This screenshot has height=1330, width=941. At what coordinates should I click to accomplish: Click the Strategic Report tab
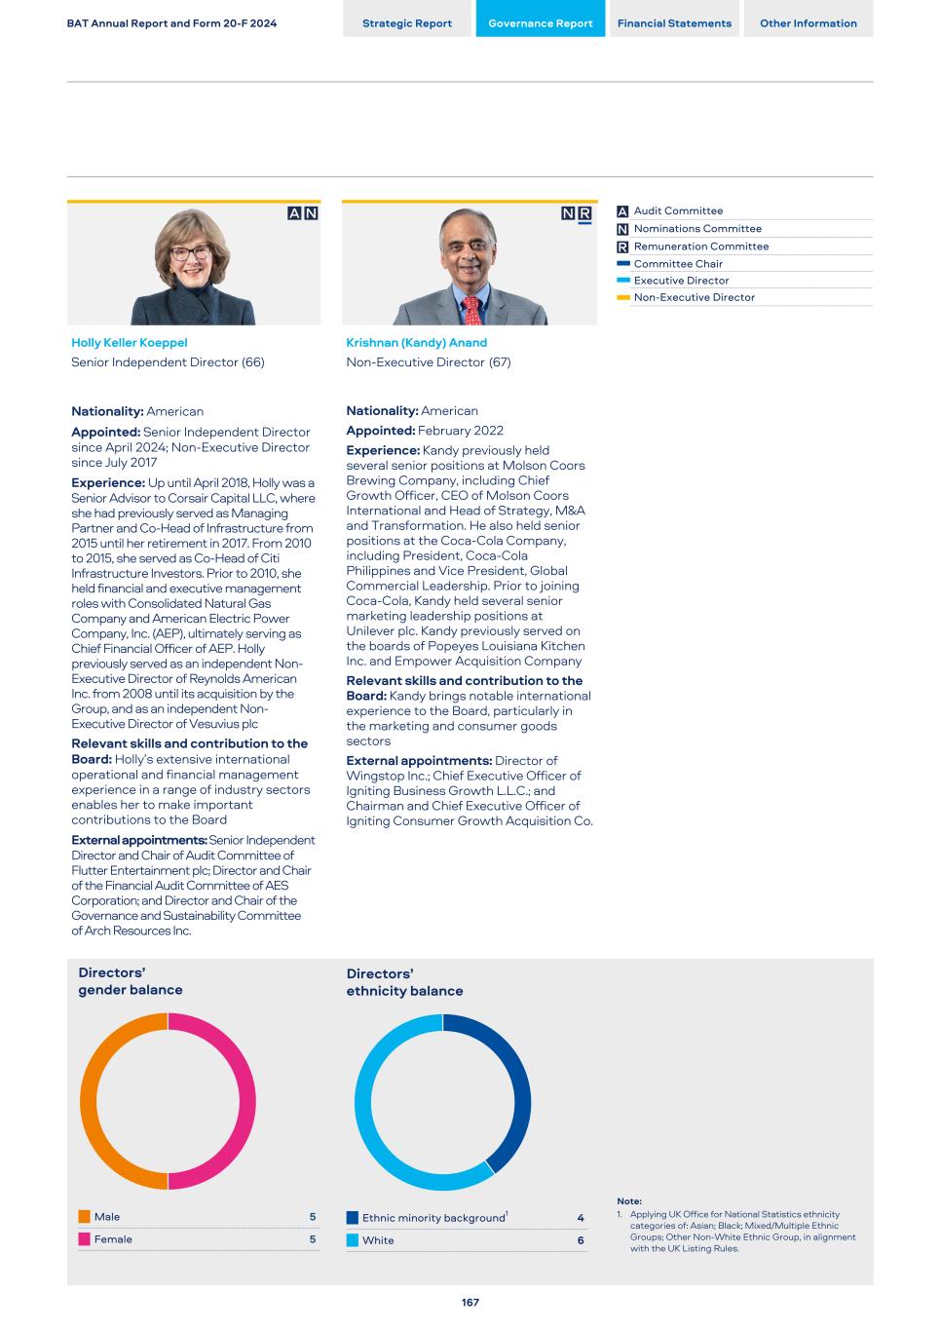pos(407,23)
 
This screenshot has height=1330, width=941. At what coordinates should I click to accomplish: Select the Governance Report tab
pos(540,23)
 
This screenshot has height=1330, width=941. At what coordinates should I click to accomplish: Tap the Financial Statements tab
pos(674,23)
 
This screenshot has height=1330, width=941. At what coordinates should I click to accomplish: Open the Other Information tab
pos(808,23)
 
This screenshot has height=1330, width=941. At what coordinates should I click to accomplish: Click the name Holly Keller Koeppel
pos(129,343)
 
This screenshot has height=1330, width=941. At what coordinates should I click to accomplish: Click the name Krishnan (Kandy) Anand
pos(416,343)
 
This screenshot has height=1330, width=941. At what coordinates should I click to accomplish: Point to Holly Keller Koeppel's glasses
pos(191,253)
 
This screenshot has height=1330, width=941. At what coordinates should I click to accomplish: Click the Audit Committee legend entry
pos(678,210)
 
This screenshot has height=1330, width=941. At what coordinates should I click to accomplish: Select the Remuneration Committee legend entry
pos(700,247)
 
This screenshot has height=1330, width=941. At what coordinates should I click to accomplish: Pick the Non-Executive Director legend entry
pos(694,297)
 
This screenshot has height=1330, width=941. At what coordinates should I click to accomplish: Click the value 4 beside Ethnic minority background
pos(581,1218)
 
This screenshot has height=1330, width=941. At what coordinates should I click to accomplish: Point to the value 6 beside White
pos(581,1240)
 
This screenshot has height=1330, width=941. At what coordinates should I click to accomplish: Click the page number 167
pos(470,1303)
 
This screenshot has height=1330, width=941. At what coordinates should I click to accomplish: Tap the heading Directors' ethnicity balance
pos(404,982)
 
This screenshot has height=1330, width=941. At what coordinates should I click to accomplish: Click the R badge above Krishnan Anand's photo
pos(584,214)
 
